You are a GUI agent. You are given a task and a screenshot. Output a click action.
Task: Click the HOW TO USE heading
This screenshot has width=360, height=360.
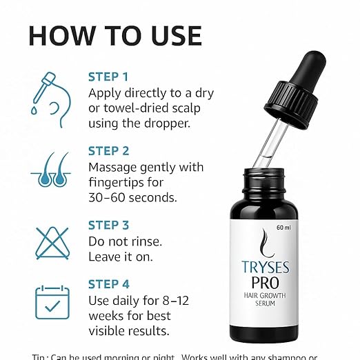click(x=115, y=35)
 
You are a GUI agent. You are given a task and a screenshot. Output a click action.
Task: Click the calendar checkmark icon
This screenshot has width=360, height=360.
click(x=52, y=302)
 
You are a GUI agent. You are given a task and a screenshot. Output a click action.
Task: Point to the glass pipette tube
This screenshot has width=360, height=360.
click(x=270, y=152)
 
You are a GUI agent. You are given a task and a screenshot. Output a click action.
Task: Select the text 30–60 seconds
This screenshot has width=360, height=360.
click(x=133, y=198)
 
